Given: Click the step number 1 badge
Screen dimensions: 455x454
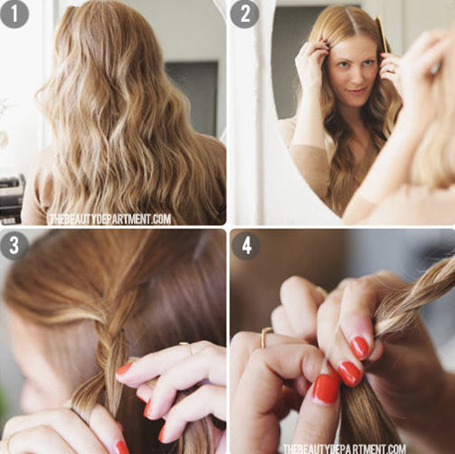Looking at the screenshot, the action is pos(14,14).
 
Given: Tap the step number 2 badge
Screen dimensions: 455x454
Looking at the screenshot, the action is pos(245,14).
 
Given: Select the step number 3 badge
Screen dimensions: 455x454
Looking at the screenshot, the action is pos(14,246).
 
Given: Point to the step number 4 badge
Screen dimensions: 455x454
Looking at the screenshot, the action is pos(246,246).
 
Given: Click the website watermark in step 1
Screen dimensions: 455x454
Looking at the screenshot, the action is pos(110,219).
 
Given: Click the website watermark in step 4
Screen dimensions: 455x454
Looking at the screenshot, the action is pos(345,449).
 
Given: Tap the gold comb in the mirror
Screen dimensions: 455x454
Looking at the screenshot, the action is pos(382,35).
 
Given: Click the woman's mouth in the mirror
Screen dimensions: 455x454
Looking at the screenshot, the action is pos(358,90).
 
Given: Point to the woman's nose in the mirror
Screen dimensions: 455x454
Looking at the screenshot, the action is pos(356,76).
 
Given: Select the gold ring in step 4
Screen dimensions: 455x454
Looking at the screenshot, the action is pos(265,337).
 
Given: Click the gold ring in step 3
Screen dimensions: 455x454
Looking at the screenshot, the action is pos(187,348).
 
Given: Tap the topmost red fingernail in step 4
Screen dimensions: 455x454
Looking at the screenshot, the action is pos(359,348).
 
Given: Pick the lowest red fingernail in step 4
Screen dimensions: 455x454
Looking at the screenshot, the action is pos(326,389).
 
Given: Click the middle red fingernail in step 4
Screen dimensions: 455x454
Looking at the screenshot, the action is pos(350,373).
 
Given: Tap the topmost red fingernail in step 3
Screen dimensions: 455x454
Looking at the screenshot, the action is pos(124,369).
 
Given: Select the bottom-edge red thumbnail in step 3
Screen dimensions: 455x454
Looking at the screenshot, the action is pos(121,448).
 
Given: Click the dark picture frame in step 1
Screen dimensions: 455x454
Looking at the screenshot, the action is pos(192,97).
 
